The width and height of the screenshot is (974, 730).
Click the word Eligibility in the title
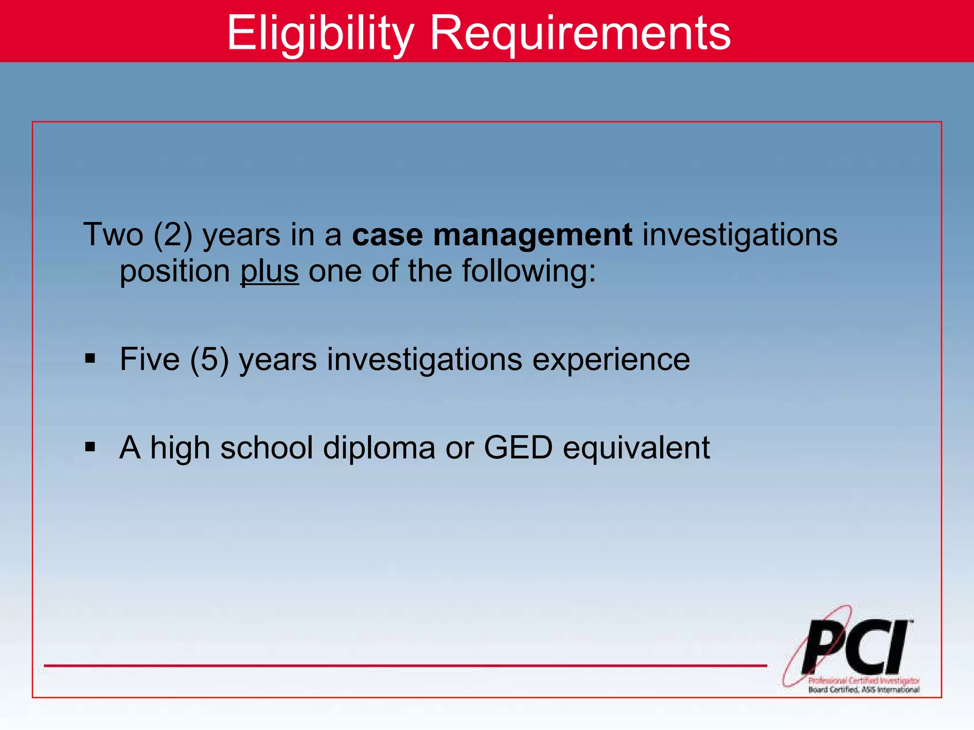click(x=320, y=33)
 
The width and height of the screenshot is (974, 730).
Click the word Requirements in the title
click(x=580, y=33)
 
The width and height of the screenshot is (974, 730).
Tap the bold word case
click(x=387, y=235)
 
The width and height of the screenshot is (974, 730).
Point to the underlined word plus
click(x=270, y=271)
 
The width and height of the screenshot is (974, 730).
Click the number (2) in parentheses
click(x=173, y=235)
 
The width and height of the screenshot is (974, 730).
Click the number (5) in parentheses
click(x=209, y=359)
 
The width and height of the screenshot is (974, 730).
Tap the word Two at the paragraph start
click(x=113, y=235)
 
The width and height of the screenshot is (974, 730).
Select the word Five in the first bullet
click(x=150, y=359)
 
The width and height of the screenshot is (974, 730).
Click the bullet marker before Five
click(x=90, y=358)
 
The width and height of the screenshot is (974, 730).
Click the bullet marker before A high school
click(x=90, y=447)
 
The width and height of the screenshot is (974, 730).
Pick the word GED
click(x=518, y=448)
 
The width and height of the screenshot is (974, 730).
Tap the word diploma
click(x=379, y=449)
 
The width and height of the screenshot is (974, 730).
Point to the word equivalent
click(x=636, y=449)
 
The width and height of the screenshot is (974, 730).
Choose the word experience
click(x=611, y=360)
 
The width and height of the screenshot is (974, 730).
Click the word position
click(x=175, y=272)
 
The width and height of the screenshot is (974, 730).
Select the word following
click(x=528, y=272)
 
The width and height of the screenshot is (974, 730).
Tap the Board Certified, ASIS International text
click(x=864, y=690)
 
